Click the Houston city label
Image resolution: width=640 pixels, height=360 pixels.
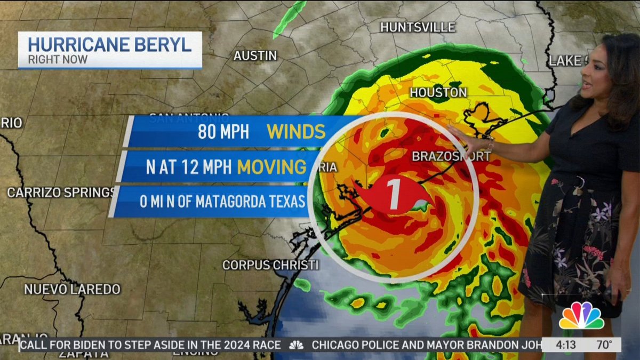438,93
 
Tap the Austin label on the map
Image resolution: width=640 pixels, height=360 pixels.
255,55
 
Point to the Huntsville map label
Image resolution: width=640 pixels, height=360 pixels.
418,27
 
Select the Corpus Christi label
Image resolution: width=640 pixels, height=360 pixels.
270,265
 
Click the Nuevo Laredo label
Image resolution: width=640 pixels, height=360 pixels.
72,290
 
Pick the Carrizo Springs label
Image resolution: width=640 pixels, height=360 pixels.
61,193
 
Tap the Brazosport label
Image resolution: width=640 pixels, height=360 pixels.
451,156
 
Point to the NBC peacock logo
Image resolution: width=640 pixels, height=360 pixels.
581,316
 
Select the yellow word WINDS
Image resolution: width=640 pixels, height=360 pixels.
295,131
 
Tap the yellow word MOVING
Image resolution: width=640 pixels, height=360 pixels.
272,167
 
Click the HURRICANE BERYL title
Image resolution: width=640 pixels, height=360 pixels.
109,44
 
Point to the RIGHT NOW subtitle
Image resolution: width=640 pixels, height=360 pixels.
58,59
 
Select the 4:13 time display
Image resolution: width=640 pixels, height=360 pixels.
566,345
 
